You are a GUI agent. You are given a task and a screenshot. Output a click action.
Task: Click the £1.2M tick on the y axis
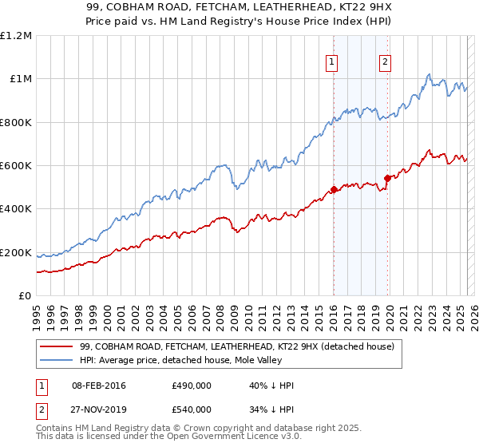[16, 36]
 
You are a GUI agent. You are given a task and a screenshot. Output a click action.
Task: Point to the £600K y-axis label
[16, 166]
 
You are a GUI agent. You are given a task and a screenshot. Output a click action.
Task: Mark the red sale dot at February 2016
[334, 190]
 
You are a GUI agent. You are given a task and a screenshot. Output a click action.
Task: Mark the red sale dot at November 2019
[387, 179]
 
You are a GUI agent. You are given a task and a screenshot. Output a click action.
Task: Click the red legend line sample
[57, 347]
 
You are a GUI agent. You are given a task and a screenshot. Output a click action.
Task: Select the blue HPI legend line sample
[57, 360]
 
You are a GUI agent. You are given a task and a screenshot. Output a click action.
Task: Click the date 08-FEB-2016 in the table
[99, 386]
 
